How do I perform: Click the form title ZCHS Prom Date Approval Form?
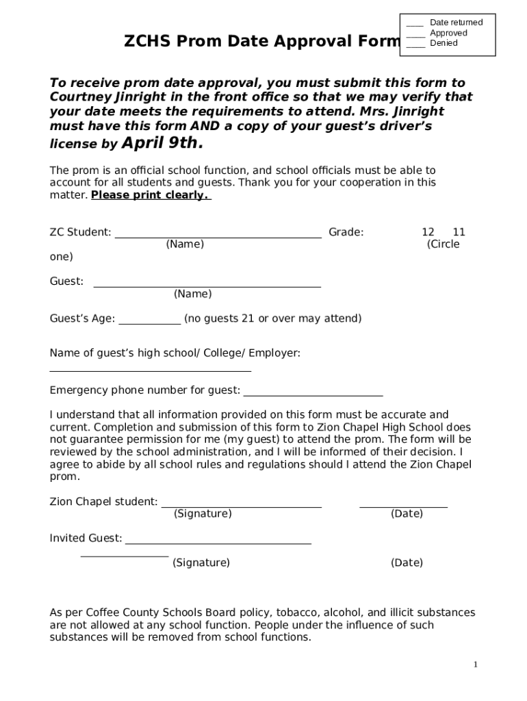pos(261,42)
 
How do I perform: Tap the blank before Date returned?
pos(415,24)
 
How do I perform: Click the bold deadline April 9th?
pos(162,142)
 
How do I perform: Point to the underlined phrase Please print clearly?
pos(151,195)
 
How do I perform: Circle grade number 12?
pos(428,232)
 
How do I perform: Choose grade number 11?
pos(459,232)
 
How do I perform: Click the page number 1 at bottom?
pos(475,665)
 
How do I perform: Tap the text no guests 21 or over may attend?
pos(272,318)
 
